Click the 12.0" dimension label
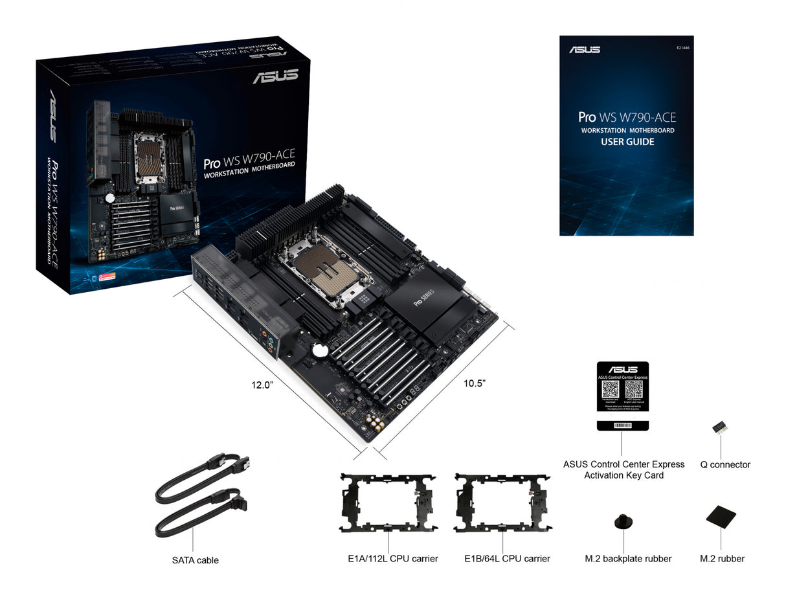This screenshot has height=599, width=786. click(262, 385)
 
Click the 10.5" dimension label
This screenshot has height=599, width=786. click(474, 383)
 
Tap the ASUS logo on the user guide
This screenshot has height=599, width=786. click(584, 50)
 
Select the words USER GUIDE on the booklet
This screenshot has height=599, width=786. click(627, 142)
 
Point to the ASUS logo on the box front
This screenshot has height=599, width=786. click(275, 76)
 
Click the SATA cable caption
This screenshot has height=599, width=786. click(195, 560)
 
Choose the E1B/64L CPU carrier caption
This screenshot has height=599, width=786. click(507, 558)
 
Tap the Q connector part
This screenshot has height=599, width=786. click(718, 428)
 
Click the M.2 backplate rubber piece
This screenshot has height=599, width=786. click(623, 521)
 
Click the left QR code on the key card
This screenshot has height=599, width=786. click(610, 389)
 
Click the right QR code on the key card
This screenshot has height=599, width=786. click(634, 389)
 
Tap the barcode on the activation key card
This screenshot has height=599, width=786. click(622, 425)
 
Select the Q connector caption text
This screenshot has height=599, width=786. click(725, 464)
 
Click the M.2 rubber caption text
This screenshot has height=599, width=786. click(722, 558)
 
